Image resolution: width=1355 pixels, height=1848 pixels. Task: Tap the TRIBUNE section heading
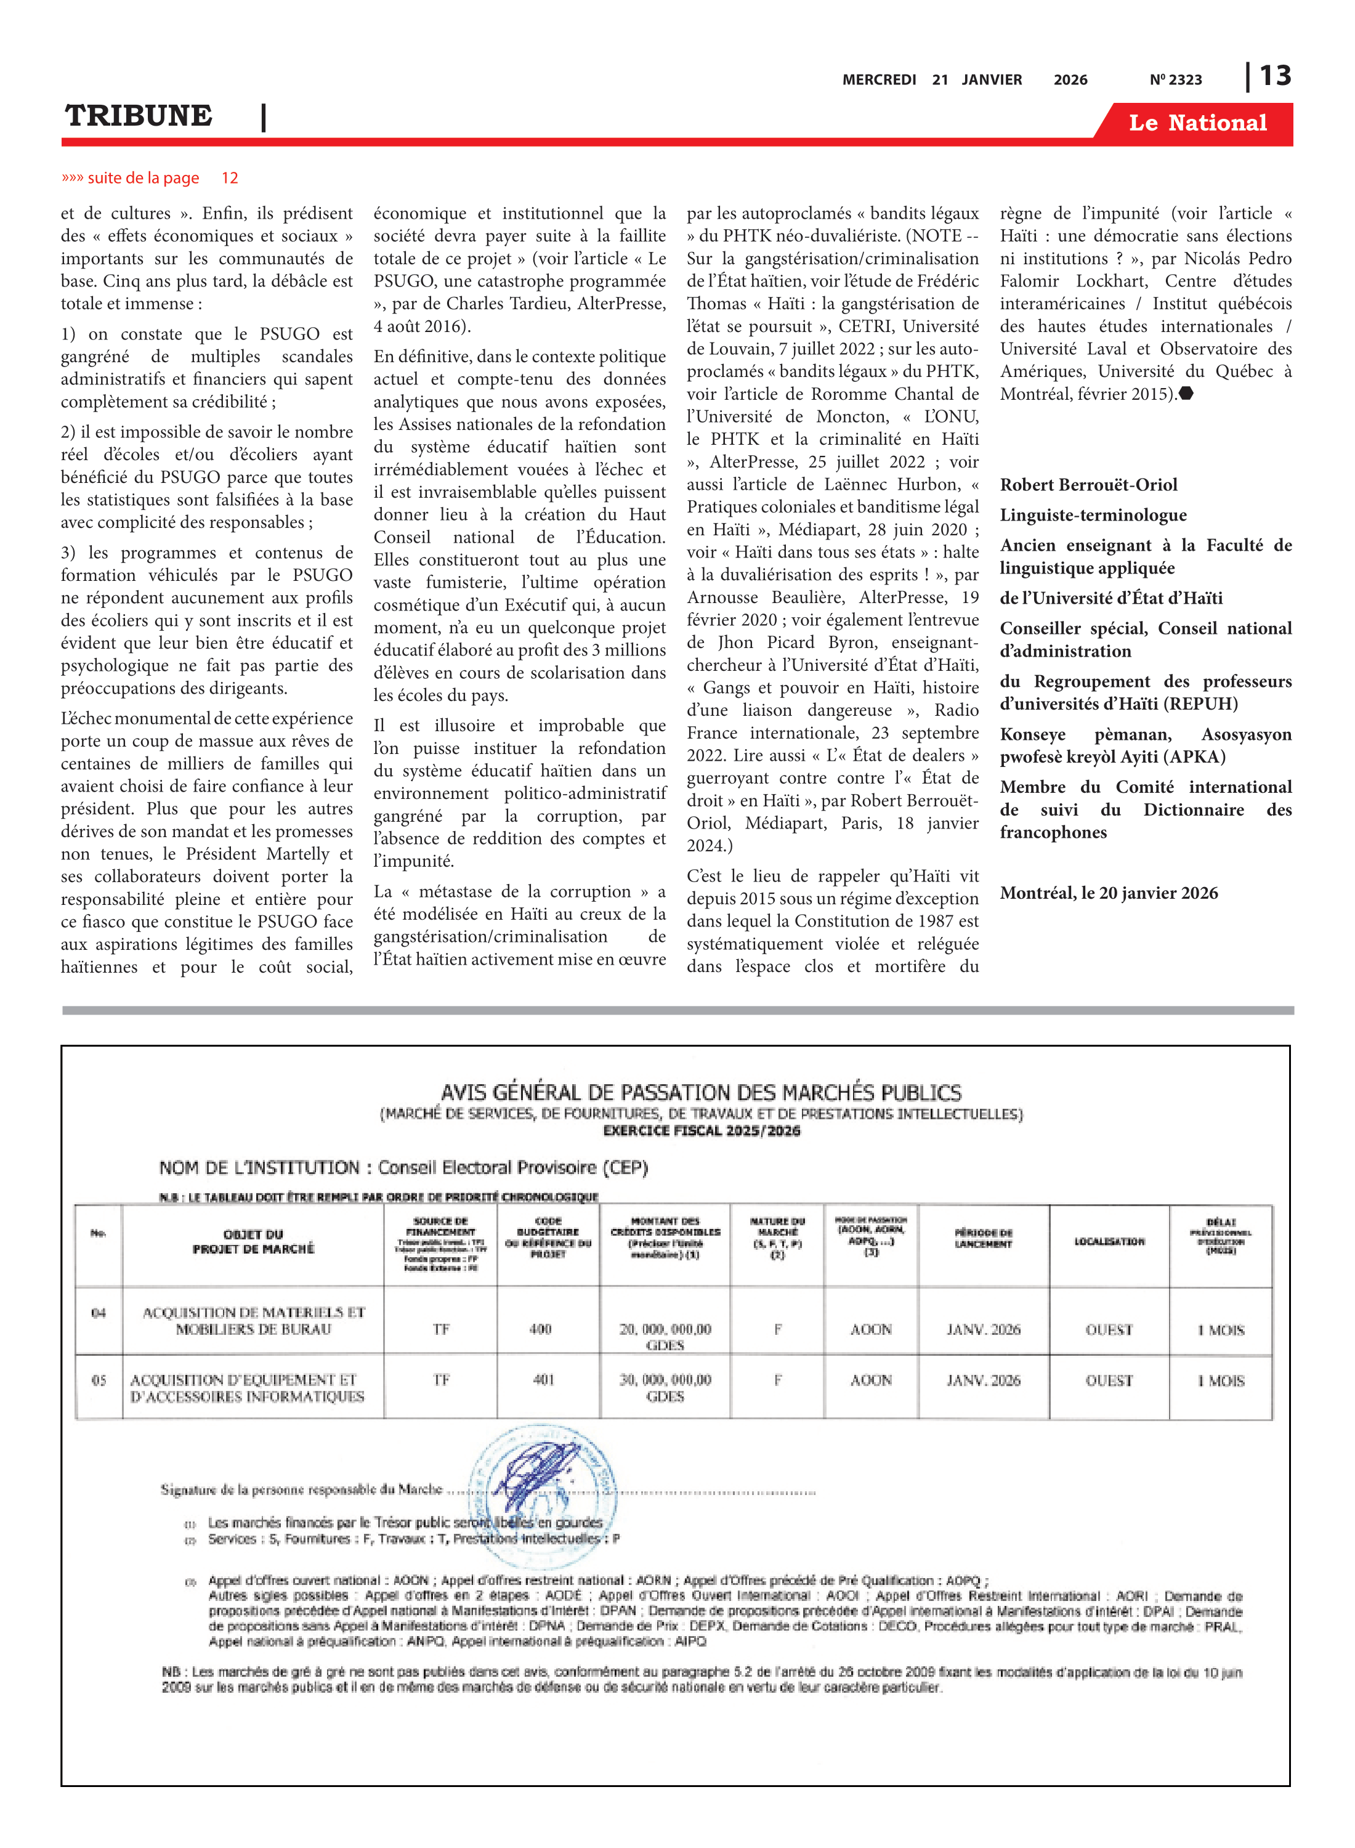pyautogui.click(x=139, y=116)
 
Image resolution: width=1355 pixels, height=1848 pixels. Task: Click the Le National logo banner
pyautogui.click(x=1197, y=123)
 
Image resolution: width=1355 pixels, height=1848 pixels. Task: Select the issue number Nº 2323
pyautogui.click(x=1175, y=79)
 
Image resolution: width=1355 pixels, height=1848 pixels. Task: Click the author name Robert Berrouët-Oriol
pyautogui.click(x=1088, y=485)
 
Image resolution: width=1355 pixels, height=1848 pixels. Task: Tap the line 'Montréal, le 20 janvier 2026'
pyautogui.click(x=1108, y=893)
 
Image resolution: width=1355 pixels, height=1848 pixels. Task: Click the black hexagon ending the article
pyautogui.click(x=1186, y=394)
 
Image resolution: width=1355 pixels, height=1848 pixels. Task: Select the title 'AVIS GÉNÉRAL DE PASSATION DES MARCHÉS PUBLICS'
pyautogui.click(x=700, y=1093)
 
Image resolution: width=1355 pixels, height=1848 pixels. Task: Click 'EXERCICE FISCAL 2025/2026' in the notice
pyautogui.click(x=702, y=1130)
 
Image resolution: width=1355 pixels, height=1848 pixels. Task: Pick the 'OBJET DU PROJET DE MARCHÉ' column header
pyautogui.click(x=254, y=1242)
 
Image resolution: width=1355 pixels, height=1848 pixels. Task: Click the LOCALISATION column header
pyautogui.click(x=1109, y=1242)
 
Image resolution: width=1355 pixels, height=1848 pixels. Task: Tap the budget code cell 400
pyautogui.click(x=540, y=1329)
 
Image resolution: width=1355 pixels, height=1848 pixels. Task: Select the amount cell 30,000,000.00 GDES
pyautogui.click(x=665, y=1388)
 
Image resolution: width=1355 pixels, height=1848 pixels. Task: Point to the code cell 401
pyautogui.click(x=543, y=1380)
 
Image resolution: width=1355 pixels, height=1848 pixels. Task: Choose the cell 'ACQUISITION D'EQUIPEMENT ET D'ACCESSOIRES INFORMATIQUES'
pyautogui.click(x=247, y=1388)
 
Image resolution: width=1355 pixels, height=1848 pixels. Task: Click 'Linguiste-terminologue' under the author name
pyautogui.click(x=1093, y=515)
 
